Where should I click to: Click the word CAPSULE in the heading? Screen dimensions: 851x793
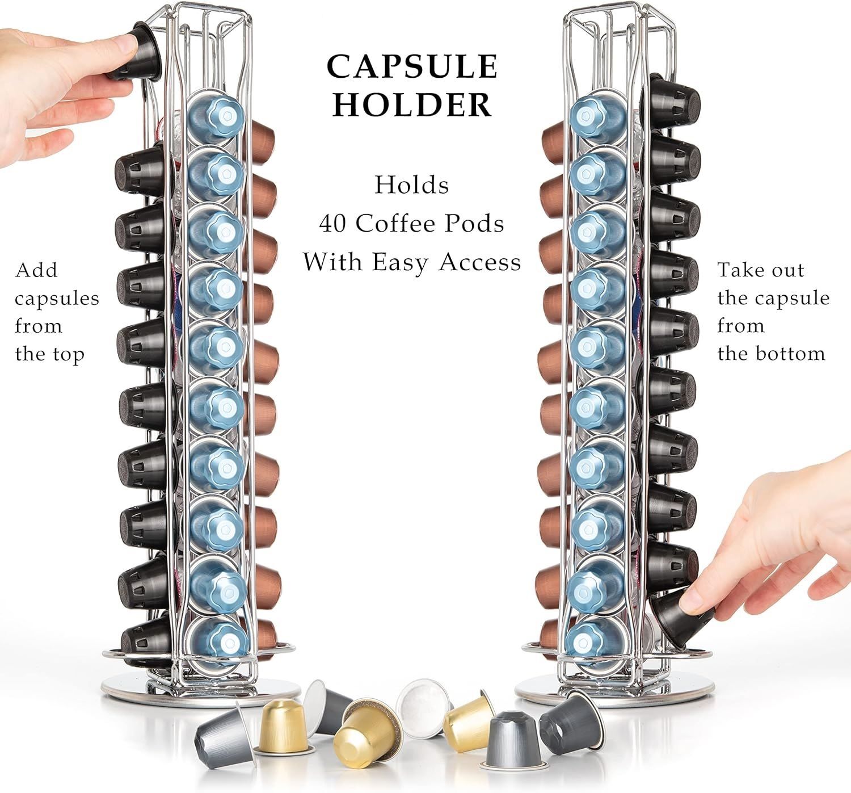(412, 66)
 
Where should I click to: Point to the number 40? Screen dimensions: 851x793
(333, 224)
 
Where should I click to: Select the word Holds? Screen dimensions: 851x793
(412, 185)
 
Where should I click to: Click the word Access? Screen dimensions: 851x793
(480, 262)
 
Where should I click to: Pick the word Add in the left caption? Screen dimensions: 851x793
(36, 270)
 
